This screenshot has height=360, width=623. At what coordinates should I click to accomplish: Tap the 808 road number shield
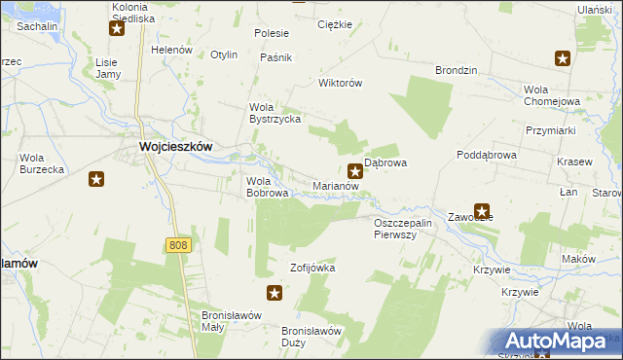pyautogui.click(x=177, y=245)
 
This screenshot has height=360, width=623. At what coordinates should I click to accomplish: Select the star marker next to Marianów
pyautogui.click(x=355, y=170)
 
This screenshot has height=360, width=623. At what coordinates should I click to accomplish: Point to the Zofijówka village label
pyautogui.click(x=312, y=267)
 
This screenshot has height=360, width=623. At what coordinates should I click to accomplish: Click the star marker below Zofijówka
pyautogui.click(x=275, y=293)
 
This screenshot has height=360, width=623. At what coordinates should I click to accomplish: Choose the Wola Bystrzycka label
pyautogui.click(x=275, y=113)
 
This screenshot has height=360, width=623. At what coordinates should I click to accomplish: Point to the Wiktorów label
pyautogui.click(x=341, y=83)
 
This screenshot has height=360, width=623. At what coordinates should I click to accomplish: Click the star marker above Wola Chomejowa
pyautogui.click(x=562, y=58)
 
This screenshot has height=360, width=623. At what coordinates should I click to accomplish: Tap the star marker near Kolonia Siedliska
pyautogui.click(x=117, y=27)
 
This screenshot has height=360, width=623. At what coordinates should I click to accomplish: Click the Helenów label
pyautogui.click(x=172, y=50)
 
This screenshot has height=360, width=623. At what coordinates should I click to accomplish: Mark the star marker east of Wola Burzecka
pyautogui.click(x=96, y=178)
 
